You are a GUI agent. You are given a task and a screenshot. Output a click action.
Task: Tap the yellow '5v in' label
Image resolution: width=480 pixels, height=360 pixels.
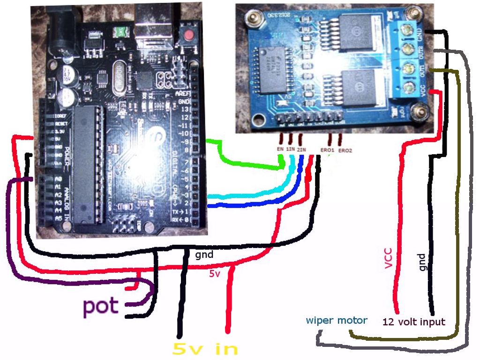[x=205, y=348]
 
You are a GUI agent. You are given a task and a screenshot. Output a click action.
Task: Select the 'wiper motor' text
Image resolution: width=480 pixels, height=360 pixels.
[x=337, y=321]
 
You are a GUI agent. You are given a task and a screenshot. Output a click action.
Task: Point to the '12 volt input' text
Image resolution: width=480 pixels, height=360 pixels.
[x=413, y=322]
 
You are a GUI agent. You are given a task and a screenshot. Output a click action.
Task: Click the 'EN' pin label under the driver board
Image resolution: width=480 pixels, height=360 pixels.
[x=281, y=150]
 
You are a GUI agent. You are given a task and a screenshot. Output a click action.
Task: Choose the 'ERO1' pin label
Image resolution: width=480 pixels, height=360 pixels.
[x=327, y=150]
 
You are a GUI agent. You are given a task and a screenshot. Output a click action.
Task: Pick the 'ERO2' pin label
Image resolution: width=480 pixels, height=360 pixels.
[x=345, y=150]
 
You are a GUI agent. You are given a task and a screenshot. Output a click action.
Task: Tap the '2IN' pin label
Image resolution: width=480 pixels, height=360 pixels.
[x=301, y=150]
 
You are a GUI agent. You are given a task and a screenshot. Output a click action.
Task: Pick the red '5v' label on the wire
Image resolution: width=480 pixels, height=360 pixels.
[x=214, y=274]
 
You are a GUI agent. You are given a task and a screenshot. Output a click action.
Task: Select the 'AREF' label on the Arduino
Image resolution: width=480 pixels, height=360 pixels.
[x=182, y=93]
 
